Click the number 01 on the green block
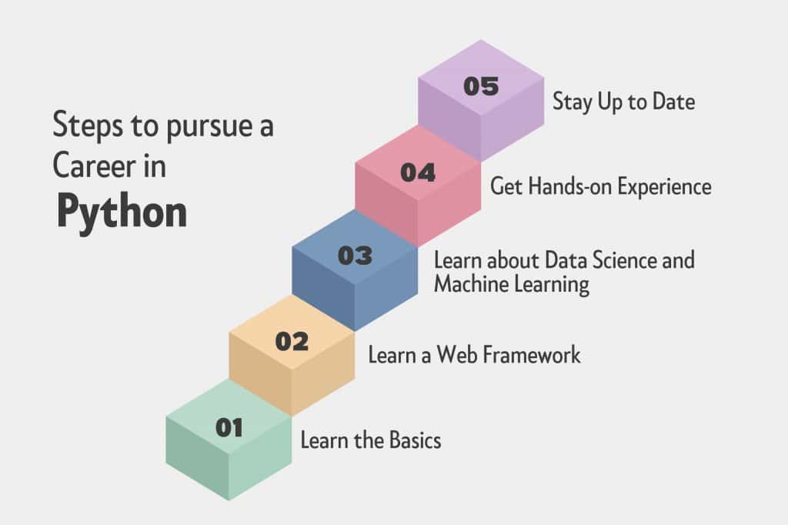click(x=229, y=428)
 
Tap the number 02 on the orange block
click(x=292, y=342)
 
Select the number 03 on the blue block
click(x=356, y=256)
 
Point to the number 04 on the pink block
click(x=418, y=172)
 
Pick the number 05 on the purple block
click(x=481, y=86)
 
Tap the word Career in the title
click(x=95, y=166)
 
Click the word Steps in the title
click(x=88, y=125)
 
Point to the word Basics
click(x=415, y=440)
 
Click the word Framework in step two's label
click(x=533, y=355)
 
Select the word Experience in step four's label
click(x=664, y=186)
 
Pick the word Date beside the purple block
click(x=674, y=102)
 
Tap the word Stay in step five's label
click(x=573, y=102)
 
